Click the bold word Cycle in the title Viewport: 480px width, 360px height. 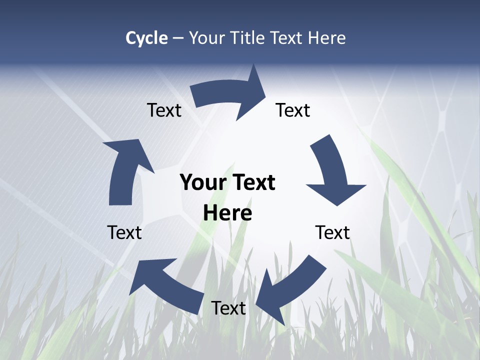146,38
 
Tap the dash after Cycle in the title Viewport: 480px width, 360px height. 177,38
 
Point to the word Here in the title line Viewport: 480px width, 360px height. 326,38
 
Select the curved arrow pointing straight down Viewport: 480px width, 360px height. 332,172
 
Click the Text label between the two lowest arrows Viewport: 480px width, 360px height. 228,308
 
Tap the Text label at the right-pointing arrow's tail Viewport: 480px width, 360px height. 164,110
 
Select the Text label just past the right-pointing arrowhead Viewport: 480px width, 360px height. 293,110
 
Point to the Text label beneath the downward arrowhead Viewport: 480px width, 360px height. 332,232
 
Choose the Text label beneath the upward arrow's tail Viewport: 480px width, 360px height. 124,232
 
